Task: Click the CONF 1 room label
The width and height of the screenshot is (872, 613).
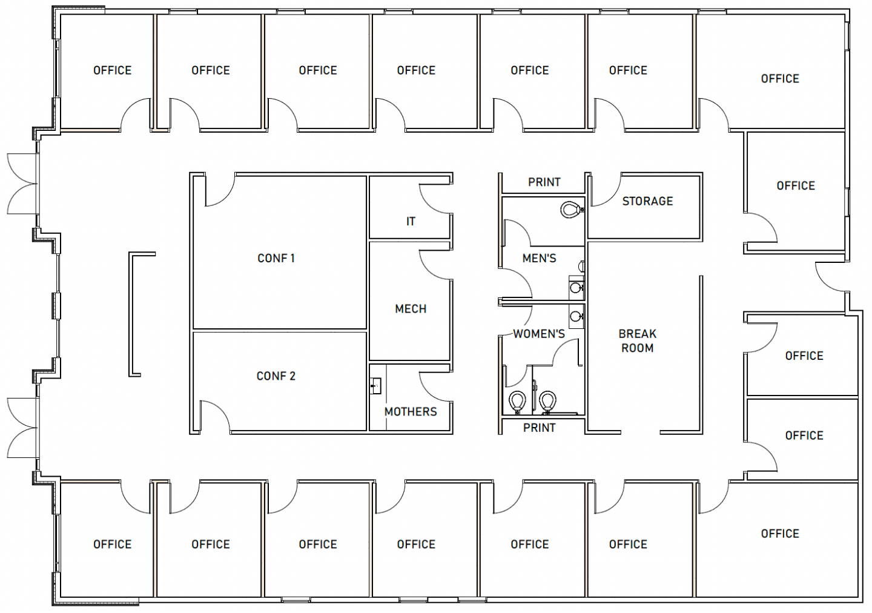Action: pyautogui.click(x=276, y=258)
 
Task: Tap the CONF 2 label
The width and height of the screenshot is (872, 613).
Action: pyautogui.click(x=276, y=376)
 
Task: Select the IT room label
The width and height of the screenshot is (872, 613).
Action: pyautogui.click(x=411, y=222)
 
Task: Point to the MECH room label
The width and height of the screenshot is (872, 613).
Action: pyautogui.click(x=411, y=310)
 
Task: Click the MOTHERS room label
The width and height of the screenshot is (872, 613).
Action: pyautogui.click(x=411, y=412)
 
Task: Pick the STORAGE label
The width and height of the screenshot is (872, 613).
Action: pyautogui.click(x=647, y=201)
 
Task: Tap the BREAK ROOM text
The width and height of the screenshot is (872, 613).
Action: pyautogui.click(x=637, y=341)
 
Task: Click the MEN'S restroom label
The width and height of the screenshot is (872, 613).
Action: pyautogui.click(x=539, y=258)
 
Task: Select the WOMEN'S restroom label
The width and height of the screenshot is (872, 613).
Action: pyautogui.click(x=539, y=334)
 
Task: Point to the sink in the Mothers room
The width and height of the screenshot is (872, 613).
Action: pyautogui.click(x=375, y=386)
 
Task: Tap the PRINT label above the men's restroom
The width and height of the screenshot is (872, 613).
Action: pyautogui.click(x=544, y=182)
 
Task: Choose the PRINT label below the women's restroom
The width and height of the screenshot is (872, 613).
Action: pyautogui.click(x=539, y=428)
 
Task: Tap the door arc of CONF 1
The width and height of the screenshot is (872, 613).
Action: pyautogui.click(x=226, y=197)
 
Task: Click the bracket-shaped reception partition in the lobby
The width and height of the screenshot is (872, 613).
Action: pyautogui.click(x=131, y=314)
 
